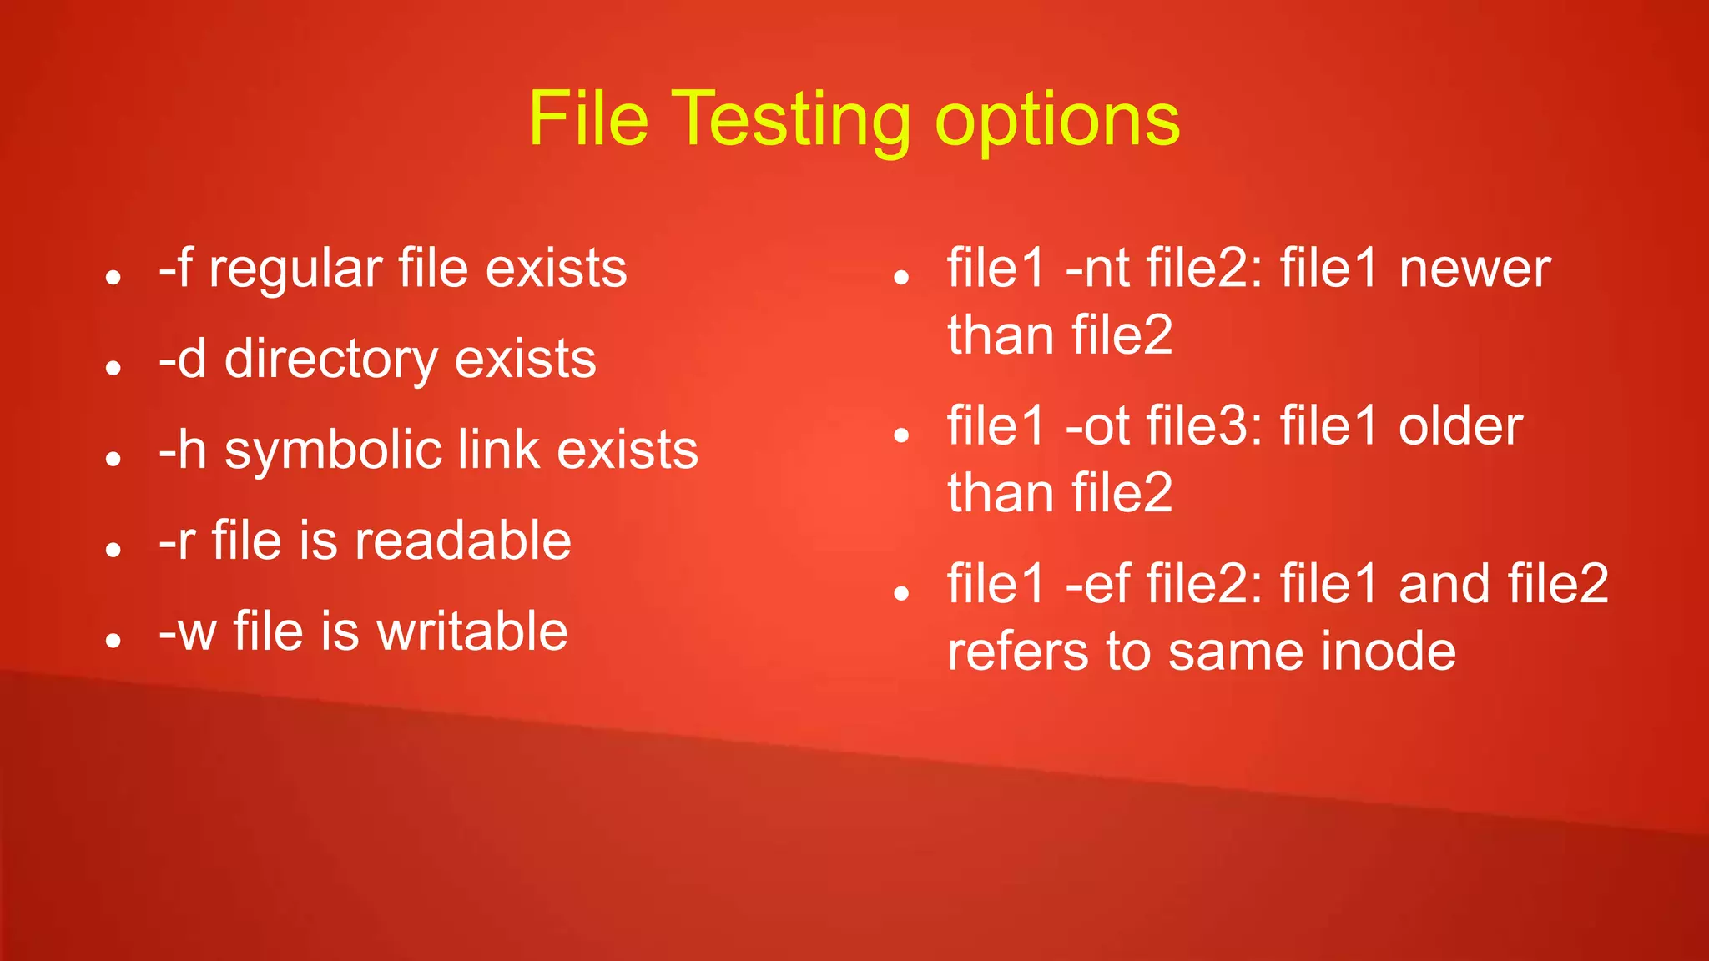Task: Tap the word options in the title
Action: pos(1057,121)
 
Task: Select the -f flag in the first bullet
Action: pos(176,269)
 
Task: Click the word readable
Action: pos(463,541)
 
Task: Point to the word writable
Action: pos(472,631)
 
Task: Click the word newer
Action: pos(1475,269)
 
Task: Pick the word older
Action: pos(1461,426)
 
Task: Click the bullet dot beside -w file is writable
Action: pos(114,640)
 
